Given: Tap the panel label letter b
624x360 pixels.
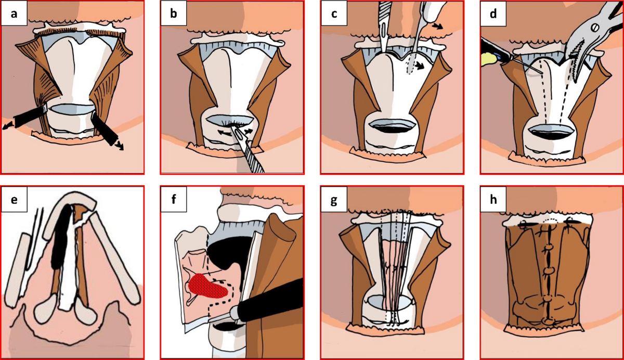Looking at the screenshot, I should point(174,15).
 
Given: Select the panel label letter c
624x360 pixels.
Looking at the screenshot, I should point(333,15).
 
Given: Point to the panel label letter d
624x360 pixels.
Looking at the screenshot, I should point(492,15).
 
